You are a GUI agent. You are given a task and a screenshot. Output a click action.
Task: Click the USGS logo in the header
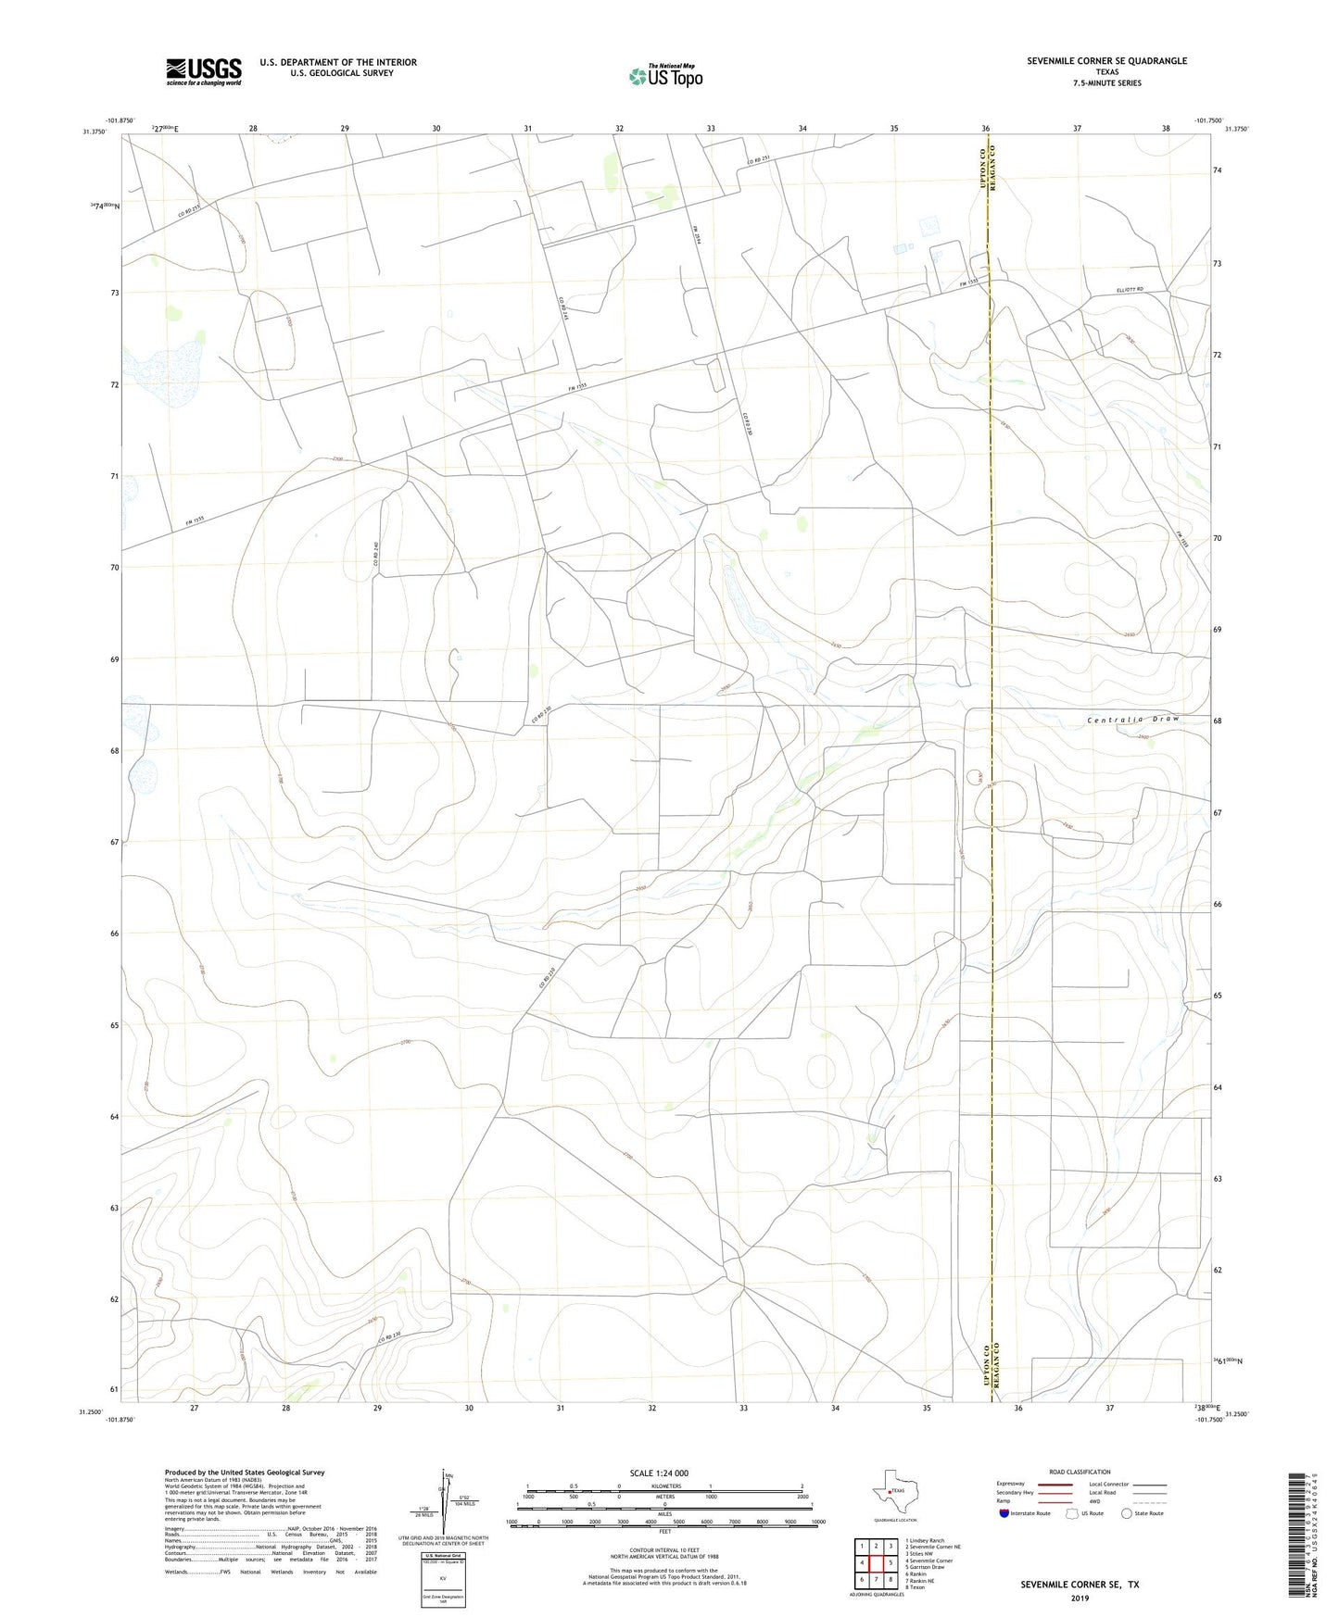[204, 71]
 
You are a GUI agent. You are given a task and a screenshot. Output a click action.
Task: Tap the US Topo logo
[665, 76]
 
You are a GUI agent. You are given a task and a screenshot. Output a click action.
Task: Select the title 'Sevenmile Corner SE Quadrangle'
[1106, 61]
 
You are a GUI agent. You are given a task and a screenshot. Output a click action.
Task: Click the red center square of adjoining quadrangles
[876, 1562]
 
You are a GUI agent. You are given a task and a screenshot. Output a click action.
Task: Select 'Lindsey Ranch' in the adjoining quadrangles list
[926, 1540]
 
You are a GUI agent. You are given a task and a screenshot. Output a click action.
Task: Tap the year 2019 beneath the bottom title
[1080, 1598]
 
